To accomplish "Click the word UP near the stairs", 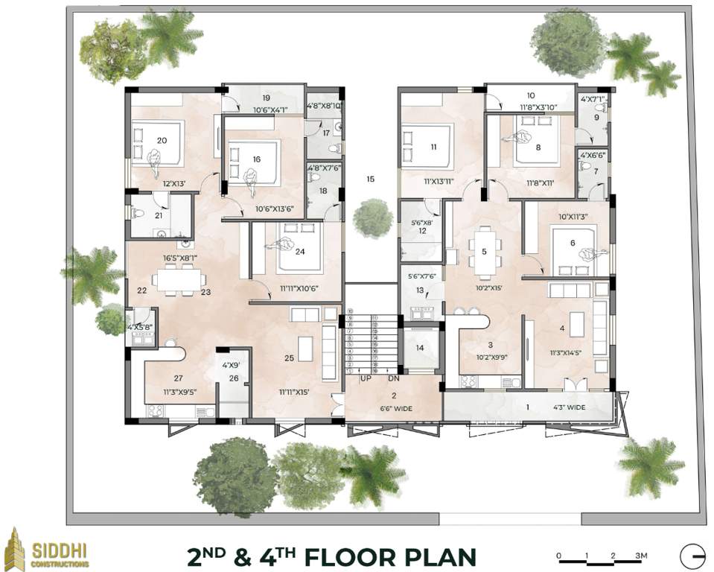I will click(366, 378).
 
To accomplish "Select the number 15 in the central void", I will click(370, 179).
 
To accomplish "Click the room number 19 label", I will click(265, 98).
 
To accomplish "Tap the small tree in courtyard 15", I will click(372, 217).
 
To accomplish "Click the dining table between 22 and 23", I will click(179, 279).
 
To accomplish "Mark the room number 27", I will click(178, 378).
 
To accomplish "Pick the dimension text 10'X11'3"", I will click(573, 217).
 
